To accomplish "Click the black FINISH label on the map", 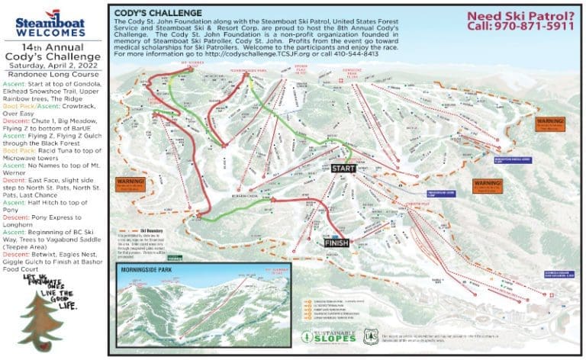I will click(x=336, y=243).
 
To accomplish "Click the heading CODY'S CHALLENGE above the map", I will click(x=156, y=13).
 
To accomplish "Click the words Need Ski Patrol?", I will click(x=522, y=14).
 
